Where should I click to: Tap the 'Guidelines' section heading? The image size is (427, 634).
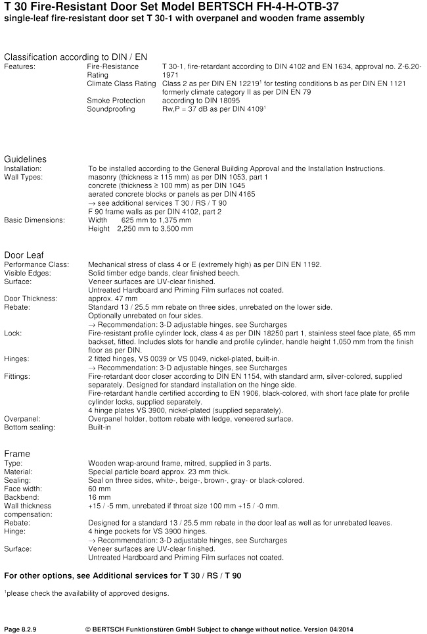pos(25,159)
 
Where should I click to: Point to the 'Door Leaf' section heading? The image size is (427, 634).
pos(24,255)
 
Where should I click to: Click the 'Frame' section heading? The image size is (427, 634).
pos(17,454)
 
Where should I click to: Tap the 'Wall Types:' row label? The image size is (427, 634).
pos(23,178)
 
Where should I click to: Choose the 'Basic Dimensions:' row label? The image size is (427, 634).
pos(34,220)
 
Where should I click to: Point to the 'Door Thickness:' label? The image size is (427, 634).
pos(31,298)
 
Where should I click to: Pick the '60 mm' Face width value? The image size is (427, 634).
pos(99,489)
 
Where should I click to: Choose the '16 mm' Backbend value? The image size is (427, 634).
pos(99,497)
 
